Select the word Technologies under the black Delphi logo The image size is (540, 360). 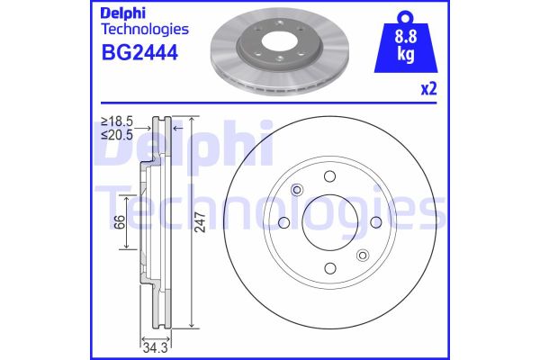click(x=137, y=31)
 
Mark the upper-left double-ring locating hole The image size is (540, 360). click(x=298, y=189)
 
